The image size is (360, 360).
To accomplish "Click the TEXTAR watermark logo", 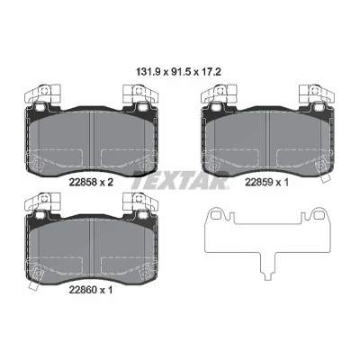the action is pos(181,181).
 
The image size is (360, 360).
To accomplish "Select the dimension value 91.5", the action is pos(179,72).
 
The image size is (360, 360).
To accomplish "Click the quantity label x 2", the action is pos(105,182).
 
